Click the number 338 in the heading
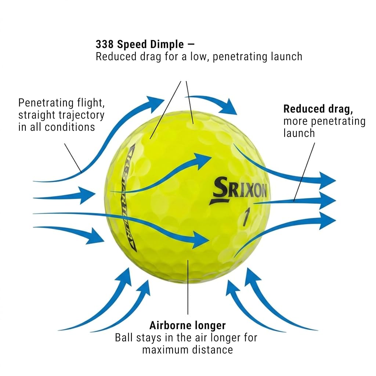(x=105, y=44)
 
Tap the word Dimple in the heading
(x=167, y=45)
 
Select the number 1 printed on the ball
(x=246, y=217)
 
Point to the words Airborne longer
(x=188, y=325)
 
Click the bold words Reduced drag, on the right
(x=318, y=109)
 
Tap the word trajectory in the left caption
(x=82, y=115)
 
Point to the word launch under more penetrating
(x=299, y=133)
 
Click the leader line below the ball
(x=188, y=287)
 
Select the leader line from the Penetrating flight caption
(x=73, y=158)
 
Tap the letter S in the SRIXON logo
(x=220, y=187)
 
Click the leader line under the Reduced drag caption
(x=304, y=172)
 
